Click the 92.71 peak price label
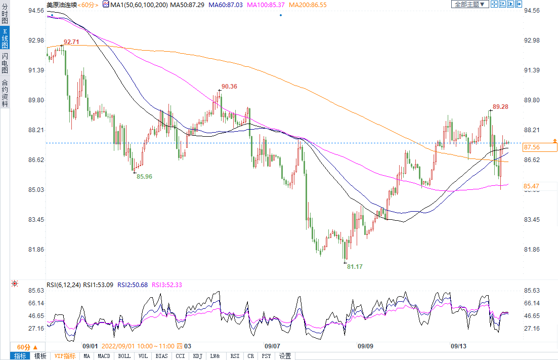(x=71, y=42)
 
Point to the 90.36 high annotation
(x=229, y=87)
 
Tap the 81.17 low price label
(x=355, y=266)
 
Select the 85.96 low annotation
(x=144, y=177)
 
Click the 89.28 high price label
(x=500, y=107)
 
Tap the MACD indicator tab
(x=104, y=356)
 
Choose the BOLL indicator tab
(x=124, y=356)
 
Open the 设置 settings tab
(x=285, y=356)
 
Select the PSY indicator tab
(x=266, y=356)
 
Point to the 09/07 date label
(x=272, y=346)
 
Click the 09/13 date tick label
(x=458, y=346)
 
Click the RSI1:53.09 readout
(x=99, y=285)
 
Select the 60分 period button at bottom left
(x=23, y=347)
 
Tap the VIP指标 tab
(x=65, y=356)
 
